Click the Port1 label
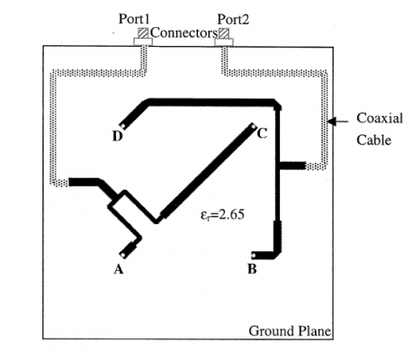pyautogui.click(x=134, y=19)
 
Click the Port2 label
pyautogui.click(x=233, y=20)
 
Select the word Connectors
pyautogui.click(x=184, y=32)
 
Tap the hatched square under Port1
pyautogui.click(x=143, y=32)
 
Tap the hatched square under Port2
pyautogui.click(x=224, y=33)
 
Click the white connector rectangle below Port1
pyautogui.click(x=143, y=41)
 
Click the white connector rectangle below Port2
pyautogui.click(x=224, y=42)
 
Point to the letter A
pyautogui.click(x=119, y=269)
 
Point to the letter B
pyautogui.click(x=252, y=269)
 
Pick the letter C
pyautogui.click(x=262, y=133)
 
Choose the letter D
pyautogui.click(x=118, y=136)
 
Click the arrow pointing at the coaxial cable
pyautogui.click(x=337, y=121)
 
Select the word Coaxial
pyautogui.click(x=380, y=118)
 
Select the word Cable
pyautogui.click(x=373, y=139)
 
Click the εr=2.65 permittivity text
pyautogui.click(x=222, y=215)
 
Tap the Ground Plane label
pyautogui.click(x=290, y=331)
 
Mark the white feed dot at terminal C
pyautogui.click(x=254, y=127)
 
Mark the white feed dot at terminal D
pyautogui.click(x=122, y=126)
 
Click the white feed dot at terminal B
pyautogui.click(x=254, y=256)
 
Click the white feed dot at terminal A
pyautogui.click(x=122, y=255)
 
